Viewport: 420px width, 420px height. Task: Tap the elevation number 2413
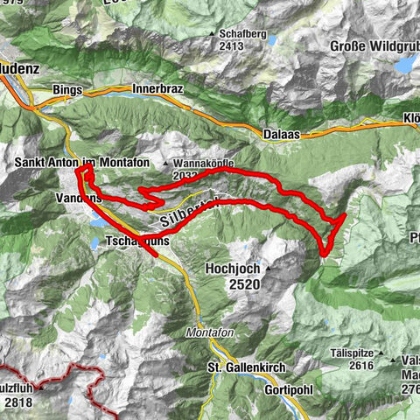[x=230, y=46]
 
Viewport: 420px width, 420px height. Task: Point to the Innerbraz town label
[x=157, y=88]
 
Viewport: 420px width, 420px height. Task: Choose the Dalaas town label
[x=282, y=135]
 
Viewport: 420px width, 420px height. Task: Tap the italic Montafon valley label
[x=206, y=333]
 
